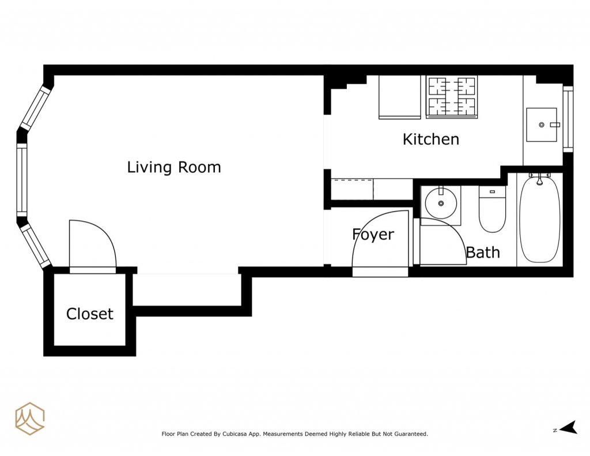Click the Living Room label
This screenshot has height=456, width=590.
tap(174, 167)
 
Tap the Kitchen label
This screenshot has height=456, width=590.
tap(431, 140)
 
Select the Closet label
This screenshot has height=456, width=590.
tap(89, 314)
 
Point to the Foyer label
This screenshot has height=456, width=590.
tap(373, 235)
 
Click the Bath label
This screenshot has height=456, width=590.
tap(483, 253)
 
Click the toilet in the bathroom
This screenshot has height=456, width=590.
tap(492, 209)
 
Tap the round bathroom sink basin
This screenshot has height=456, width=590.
tap(441, 203)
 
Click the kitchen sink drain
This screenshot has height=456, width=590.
tap(542, 125)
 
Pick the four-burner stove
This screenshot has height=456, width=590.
tap(452, 97)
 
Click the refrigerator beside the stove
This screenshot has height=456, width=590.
tap(400, 97)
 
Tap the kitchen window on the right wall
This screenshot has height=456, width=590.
tap(568, 119)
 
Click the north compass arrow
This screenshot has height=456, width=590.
tap(569, 428)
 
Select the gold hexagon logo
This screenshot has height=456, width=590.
tap(30, 419)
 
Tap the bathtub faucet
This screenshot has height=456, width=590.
tap(539, 179)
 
